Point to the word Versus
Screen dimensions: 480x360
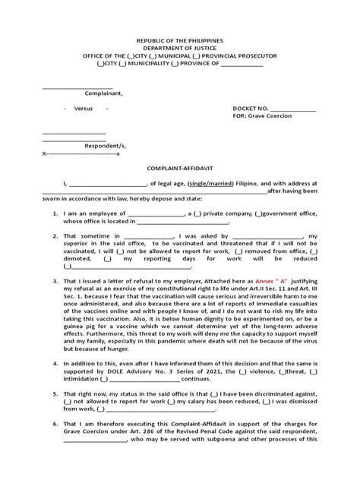[x=84, y=109]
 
